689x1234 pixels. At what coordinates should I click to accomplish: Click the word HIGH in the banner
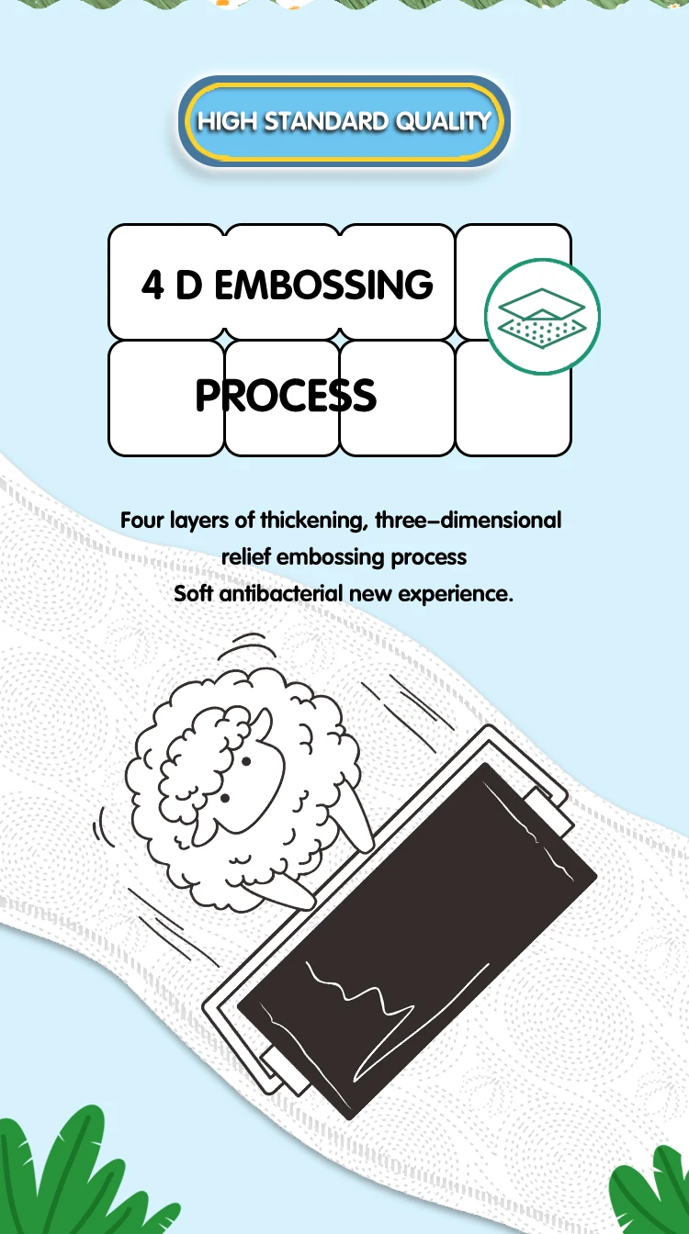(x=228, y=121)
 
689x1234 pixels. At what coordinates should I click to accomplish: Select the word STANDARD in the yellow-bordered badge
(x=327, y=121)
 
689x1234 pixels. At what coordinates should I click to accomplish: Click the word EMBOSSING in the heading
(x=323, y=285)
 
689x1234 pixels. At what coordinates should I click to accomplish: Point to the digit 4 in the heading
(x=152, y=286)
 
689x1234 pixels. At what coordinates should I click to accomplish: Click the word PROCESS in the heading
(x=286, y=396)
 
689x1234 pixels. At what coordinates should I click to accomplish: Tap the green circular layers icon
(x=542, y=317)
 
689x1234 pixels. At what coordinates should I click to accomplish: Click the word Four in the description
(x=142, y=521)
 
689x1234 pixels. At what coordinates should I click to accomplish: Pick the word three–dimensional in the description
(x=469, y=521)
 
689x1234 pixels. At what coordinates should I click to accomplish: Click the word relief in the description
(x=246, y=557)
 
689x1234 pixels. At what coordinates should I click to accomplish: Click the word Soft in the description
(x=195, y=593)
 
